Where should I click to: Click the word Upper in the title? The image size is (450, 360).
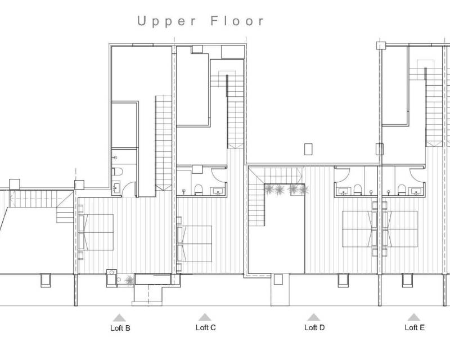[x=166, y=21]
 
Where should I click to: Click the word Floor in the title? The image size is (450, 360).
[x=237, y=21]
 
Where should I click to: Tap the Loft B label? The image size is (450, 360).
[x=120, y=328]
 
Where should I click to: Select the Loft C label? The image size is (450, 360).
[x=205, y=327]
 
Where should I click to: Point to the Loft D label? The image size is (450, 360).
[x=314, y=327]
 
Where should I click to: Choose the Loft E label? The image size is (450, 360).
[x=415, y=327]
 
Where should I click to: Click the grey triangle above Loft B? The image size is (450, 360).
[x=119, y=317]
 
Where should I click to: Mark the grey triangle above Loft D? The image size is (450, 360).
[x=313, y=317]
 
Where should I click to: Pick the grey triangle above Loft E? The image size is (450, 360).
[x=413, y=317]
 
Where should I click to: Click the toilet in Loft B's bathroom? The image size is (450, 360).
[x=118, y=172]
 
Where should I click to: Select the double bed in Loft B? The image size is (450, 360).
[x=96, y=232]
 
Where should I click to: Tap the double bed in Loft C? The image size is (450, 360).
[x=195, y=244]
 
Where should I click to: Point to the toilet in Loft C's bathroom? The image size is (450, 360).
[x=199, y=190]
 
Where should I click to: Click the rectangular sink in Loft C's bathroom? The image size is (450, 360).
[x=218, y=191]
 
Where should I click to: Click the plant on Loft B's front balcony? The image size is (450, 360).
[x=129, y=280]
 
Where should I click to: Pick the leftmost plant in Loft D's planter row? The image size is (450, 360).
[x=269, y=190]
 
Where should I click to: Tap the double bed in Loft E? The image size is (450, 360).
[x=400, y=229]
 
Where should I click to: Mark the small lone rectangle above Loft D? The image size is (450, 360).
[x=308, y=149]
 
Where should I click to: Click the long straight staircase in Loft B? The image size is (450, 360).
[x=164, y=143]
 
